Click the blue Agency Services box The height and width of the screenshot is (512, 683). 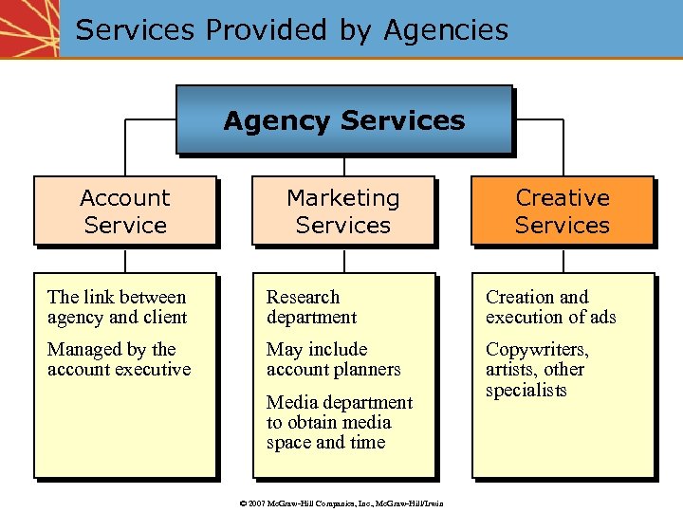click(343, 120)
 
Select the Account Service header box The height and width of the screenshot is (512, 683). click(125, 210)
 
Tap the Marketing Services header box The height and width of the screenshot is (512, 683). click(342, 210)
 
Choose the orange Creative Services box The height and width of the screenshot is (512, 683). click(563, 210)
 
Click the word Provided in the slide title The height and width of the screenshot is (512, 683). click(268, 29)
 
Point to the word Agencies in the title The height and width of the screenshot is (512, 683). click(446, 29)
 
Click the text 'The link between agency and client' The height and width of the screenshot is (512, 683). click(117, 307)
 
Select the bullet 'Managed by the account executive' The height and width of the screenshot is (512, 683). click(119, 359)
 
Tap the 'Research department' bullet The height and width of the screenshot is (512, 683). click(311, 307)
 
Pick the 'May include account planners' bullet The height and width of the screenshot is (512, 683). click(333, 359)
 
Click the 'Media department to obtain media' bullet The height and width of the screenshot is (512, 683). click(339, 422)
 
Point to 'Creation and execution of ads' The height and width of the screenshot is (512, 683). click(550, 307)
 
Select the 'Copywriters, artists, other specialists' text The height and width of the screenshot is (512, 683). click(537, 370)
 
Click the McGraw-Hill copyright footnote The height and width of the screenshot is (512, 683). click(341, 503)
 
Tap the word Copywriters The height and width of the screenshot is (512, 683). click(537, 349)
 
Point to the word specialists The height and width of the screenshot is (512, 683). click(526, 391)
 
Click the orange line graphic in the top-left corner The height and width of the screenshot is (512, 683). click(28, 28)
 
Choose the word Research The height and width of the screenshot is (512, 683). click(303, 297)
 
